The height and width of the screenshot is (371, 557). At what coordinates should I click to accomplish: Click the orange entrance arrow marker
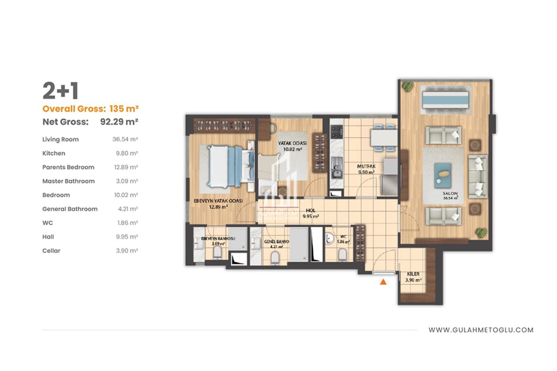pyautogui.click(x=383, y=282)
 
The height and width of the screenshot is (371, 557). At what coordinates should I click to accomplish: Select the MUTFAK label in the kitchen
pyautogui.click(x=366, y=166)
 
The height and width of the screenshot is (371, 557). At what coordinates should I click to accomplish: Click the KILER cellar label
pyautogui.click(x=413, y=274)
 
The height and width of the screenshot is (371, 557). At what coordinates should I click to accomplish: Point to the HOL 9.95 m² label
pyautogui.click(x=311, y=213)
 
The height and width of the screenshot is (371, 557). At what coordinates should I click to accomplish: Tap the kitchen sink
pyautogui.click(x=337, y=171)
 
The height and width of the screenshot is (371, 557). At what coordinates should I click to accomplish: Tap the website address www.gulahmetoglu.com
pyautogui.click(x=481, y=330)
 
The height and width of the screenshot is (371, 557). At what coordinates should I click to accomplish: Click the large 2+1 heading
pyautogui.click(x=61, y=91)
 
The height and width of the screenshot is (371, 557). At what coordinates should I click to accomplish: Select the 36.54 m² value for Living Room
pyautogui.click(x=125, y=139)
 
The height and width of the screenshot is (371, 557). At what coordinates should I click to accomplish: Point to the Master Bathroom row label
pyautogui.click(x=68, y=181)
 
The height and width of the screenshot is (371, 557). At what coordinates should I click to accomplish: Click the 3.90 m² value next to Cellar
pyautogui.click(x=127, y=251)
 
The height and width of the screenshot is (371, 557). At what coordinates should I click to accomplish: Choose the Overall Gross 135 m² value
pyautogui.click(x=124, y=109)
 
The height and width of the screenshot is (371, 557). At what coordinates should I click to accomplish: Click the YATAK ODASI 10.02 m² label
pyautogui.click(x=292, y=146)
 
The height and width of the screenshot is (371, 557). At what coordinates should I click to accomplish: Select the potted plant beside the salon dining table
pyautogui.click(x=408, y=86)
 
